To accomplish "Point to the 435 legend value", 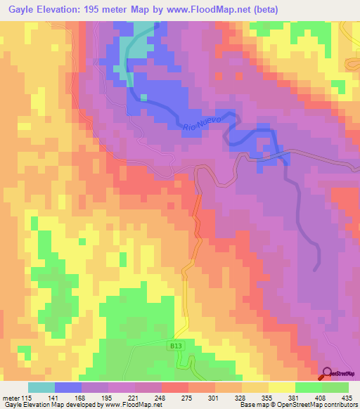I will point(346,396).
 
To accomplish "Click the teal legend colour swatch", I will point(41,387).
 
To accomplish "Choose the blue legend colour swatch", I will point(68,387).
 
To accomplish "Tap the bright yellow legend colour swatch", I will point(282,387).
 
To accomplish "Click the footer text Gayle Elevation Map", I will point(32,405).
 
